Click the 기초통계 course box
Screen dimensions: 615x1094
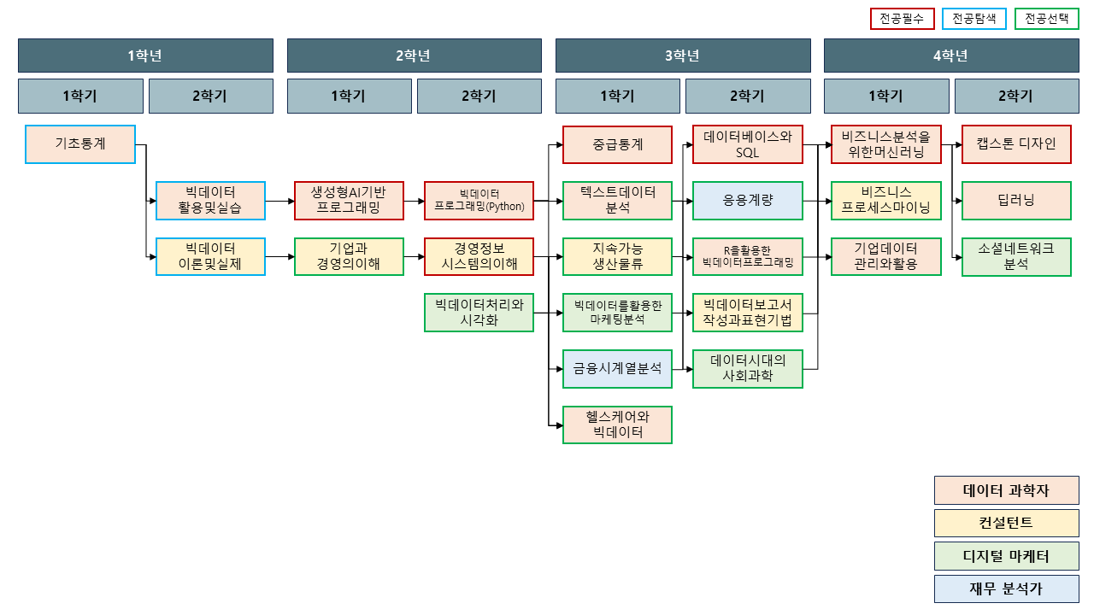point(80,144)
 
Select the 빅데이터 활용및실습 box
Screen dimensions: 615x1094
point(210,201)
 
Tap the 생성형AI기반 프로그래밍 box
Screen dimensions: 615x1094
point(349,201)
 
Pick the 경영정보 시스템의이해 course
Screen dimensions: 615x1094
point(479,256)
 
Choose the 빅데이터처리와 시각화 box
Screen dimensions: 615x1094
point(479,312)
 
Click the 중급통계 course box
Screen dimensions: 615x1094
point(617,144)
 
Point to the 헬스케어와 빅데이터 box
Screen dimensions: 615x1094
point(617,425)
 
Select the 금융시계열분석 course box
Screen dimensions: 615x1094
point(617,369)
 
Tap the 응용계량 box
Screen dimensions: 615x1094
point(748,201)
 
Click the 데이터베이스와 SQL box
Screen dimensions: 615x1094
point(748,144)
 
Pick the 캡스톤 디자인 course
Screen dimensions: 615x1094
point(1016,144)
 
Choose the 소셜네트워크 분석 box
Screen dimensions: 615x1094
point(1016,256)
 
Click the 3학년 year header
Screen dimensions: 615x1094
point(683,56)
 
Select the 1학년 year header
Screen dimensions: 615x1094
point(145,56)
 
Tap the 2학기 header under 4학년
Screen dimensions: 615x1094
point(1016,97)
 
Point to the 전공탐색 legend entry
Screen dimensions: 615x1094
point(974,19)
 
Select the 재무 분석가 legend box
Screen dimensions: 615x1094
point(1006,589)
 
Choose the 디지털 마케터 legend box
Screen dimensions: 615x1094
point(1006,557)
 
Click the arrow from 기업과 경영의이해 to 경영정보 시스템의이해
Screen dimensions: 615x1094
point(414,256)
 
